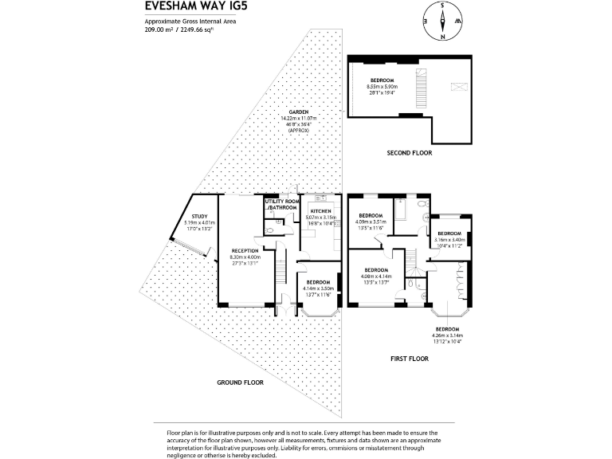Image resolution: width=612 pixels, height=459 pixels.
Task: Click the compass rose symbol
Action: click(444, 22)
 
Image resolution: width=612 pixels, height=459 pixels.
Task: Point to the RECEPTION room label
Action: click(245, 250)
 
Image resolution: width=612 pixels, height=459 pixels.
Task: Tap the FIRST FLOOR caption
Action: click(410, 359)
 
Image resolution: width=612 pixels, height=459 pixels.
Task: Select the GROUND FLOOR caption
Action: click(241, 382)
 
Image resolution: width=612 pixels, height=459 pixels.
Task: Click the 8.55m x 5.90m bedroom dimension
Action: click(382, 87)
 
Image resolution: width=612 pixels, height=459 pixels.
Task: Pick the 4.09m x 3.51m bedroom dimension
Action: click(372, 222)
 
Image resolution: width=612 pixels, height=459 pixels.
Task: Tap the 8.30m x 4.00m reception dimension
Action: click(245, 257)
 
